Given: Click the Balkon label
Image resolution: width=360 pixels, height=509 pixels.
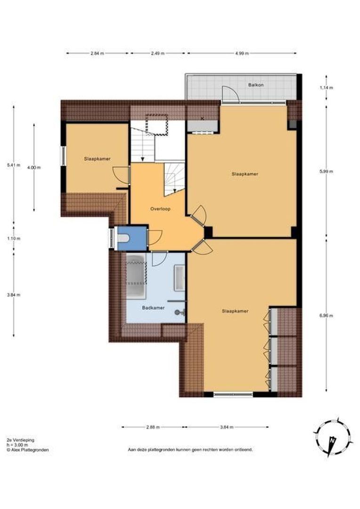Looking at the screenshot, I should point(256,85).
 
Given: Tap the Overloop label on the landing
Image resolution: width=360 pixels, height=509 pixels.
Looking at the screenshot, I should point(160,208).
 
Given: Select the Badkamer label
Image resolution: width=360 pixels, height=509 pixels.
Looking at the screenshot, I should point(153,308).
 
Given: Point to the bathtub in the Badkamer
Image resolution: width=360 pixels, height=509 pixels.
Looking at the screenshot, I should point(136,276).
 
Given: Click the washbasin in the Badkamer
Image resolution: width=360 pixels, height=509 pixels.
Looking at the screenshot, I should point(180,278).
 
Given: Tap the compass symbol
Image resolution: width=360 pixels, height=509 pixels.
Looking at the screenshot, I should point(332,438).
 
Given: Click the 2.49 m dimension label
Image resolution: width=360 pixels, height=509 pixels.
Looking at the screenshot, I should point(158,53).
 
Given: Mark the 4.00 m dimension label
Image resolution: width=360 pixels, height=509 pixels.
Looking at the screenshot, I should point(34,167).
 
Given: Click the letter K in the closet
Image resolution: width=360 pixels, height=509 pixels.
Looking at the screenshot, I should point(202,118).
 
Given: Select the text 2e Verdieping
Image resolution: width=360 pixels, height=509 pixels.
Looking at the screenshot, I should point(20,440).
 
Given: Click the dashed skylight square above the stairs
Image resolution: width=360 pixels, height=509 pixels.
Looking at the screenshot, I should point(157,123).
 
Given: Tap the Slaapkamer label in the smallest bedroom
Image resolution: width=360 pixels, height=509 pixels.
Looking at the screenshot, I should point(98,159).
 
